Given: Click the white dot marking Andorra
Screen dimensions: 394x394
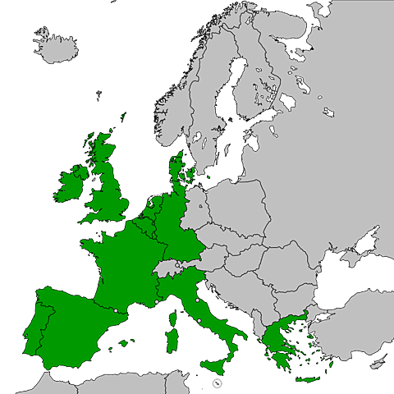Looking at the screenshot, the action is tap(116, 309).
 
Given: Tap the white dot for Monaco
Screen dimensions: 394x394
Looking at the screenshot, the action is tap(157, 302).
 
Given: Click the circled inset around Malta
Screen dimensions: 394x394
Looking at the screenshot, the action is tap(215, 383).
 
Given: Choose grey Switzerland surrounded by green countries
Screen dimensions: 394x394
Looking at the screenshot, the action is tap(167, 267).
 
